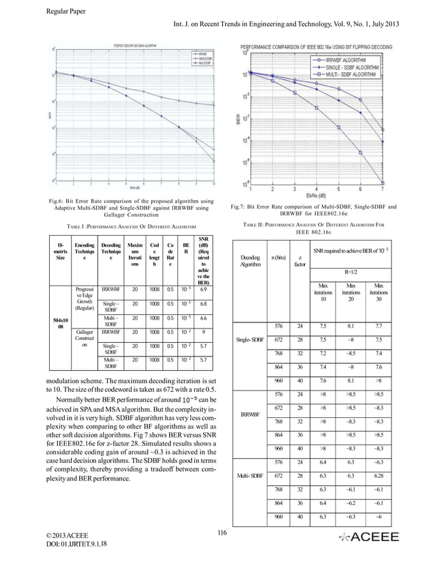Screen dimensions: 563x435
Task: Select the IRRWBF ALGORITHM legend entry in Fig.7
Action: [339, 59]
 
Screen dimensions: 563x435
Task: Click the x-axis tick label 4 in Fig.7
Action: [317, 189]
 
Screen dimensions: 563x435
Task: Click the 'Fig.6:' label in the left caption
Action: [59, 201]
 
